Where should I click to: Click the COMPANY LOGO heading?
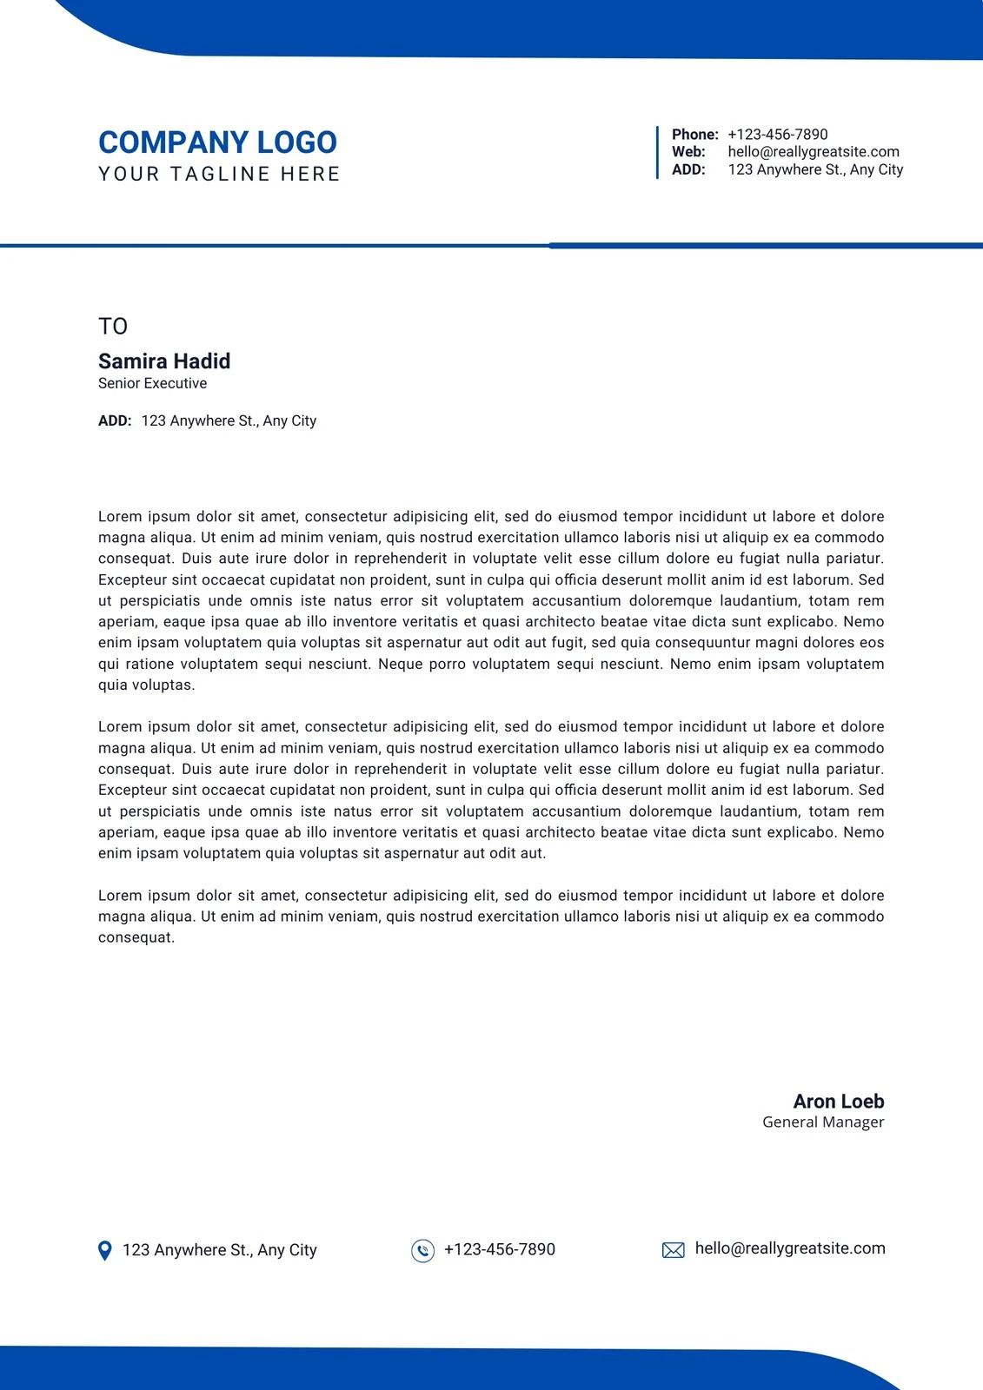217,142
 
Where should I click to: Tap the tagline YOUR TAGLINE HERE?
219,174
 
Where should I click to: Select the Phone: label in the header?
694,135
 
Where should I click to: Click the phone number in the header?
777,135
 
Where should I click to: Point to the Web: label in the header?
688,152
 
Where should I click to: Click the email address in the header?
814,152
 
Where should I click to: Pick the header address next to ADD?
815,169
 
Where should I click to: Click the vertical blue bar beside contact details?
657,152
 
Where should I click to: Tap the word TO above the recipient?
113,327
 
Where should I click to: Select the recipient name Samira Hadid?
164,361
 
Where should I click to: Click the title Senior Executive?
152,383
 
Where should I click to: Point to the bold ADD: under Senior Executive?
115,420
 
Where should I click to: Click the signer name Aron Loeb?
838,1102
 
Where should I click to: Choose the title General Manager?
823,1122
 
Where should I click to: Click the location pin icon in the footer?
105,1250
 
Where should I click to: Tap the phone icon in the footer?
422,1250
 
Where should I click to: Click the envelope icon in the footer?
674,1250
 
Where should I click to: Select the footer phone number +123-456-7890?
499,1249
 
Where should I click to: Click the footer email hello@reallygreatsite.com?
790,1248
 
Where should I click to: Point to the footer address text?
219,1250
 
